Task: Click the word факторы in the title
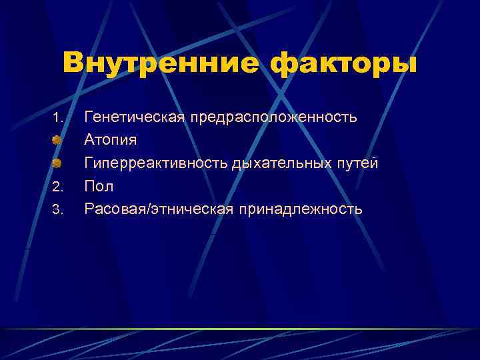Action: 343,65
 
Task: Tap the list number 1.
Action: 57,119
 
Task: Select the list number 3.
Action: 57,211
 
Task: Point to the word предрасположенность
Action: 273,118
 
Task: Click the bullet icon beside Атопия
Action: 57,141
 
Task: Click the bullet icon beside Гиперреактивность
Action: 57,163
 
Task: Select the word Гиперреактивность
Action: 156,163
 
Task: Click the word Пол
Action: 99,187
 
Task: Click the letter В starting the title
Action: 74,64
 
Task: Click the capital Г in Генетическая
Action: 89,118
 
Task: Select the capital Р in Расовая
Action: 89,209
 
